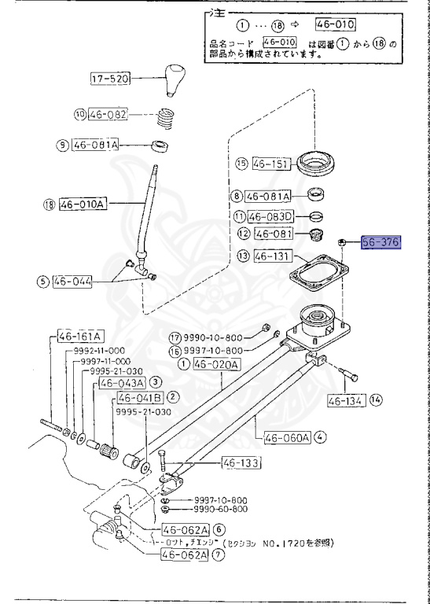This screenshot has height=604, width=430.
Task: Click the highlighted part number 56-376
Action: click(x=381, y=243)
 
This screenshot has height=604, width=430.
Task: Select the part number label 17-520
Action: click(x=110, y=79)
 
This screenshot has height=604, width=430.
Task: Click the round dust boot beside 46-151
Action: click(x=319, y=164)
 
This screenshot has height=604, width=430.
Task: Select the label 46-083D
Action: click(x=270, y=216)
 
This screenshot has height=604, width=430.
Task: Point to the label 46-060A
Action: click(x=288, y=437)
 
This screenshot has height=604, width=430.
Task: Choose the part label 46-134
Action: click(x=344, y=400)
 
